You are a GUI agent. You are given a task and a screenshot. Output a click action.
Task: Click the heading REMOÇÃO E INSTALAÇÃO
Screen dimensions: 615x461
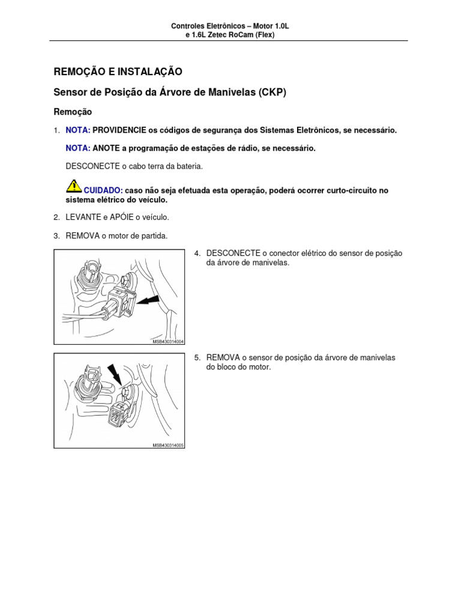point(118,72)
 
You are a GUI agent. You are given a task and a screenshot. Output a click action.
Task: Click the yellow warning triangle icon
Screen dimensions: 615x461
point(73,185)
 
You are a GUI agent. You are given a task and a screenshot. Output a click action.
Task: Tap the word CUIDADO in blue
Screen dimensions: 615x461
point(103,190)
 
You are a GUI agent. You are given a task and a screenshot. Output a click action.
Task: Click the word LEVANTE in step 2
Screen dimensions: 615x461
point(83,217)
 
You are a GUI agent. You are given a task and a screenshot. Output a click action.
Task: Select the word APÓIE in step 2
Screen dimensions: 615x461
point(121,217)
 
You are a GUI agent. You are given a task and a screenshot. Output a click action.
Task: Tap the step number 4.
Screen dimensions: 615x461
point(197,253)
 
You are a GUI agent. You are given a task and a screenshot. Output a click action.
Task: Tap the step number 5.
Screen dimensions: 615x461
point(197,357)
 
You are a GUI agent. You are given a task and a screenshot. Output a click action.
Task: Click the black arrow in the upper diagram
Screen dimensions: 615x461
point(148,298)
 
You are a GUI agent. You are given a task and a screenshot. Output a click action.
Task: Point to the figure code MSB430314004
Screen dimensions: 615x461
point(167,341)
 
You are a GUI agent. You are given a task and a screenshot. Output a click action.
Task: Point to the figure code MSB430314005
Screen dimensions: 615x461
point(167,445)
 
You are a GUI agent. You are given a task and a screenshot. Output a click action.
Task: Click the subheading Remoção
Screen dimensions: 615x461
point(73,112)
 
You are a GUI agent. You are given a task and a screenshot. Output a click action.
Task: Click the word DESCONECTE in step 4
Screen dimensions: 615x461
point(234,253)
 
